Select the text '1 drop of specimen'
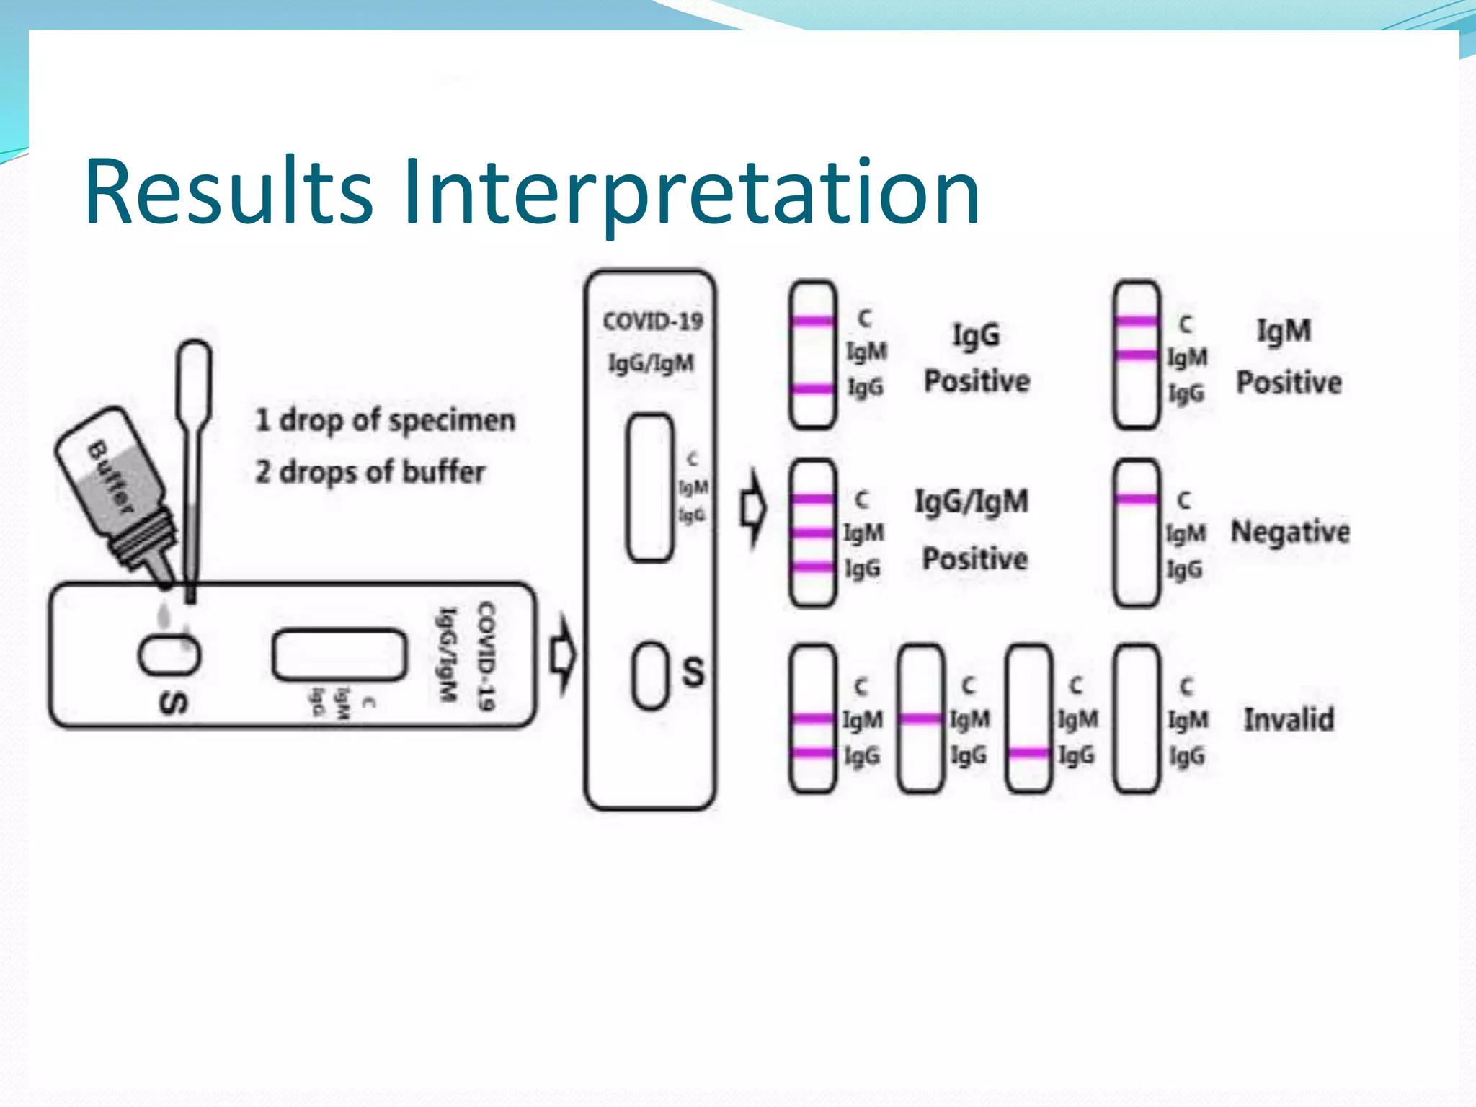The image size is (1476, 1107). [x=386, y=420]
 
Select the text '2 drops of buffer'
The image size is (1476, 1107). [x=370, y=473]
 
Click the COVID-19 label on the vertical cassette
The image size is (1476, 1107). [x=652, y=321]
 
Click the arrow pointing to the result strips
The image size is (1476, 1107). [x=754, y=509]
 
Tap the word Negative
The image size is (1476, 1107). [x=1289, y=532]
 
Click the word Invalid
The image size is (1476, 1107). [x=1289, y=719]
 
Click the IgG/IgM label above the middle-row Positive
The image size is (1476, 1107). [x=971, y=502]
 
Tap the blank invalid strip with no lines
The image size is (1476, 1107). [x=1137, y=719]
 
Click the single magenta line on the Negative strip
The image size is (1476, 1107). [x=1137, y=499]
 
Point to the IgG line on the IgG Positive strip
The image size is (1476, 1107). [x=812, y=389]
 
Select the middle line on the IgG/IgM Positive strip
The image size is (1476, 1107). [x=812, y=533]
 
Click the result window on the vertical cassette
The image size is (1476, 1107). [x=650, y=487]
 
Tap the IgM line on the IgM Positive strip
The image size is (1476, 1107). [x=1137, y=355]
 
